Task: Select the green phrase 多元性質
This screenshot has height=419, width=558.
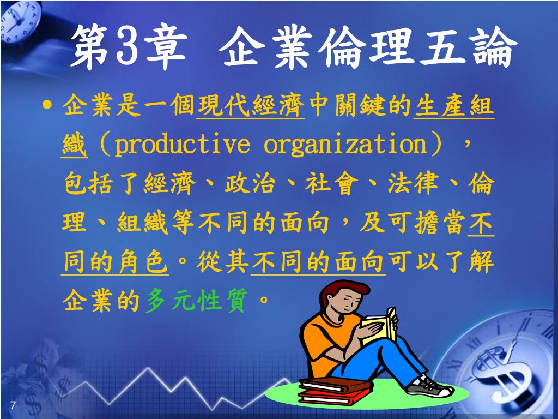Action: pyautogui.click(x=196, y=301)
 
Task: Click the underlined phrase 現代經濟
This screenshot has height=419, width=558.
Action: pyautogui.click(x=251, y=106)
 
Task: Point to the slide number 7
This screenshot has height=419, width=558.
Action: pyautogui.click(x=13, y=405)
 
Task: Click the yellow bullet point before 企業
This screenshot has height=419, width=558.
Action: pyautogui.click(x=46, y=105)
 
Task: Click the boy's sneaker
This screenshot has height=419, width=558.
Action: pyautogui.click(x=430, y=387)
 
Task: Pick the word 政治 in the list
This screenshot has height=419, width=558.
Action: pyautogui.click(x=250, y=183)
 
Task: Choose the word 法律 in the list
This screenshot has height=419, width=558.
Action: pyautogui.click(x=413, y=183)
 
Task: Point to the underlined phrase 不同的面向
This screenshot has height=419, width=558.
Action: pyautogui.click(x=318, y=262)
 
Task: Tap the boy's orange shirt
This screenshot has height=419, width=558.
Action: pyautogui.click(x=327, y=342)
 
